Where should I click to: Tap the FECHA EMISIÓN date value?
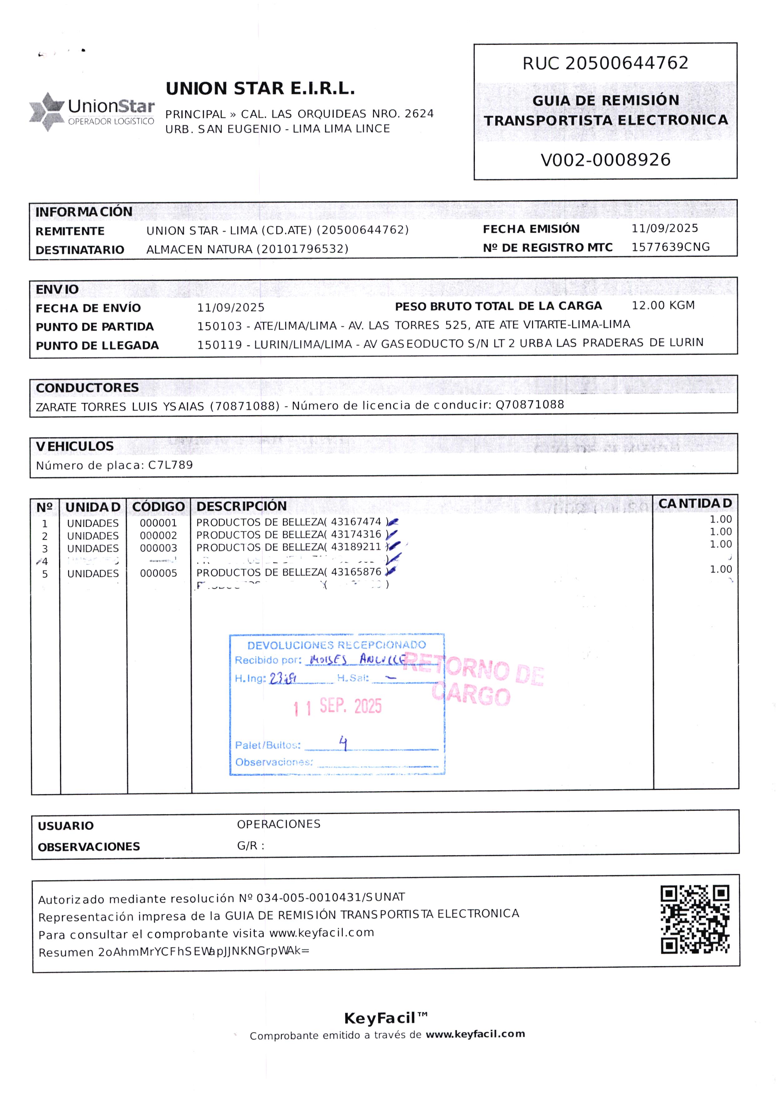point(664,228)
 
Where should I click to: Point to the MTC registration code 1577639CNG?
point(670,247)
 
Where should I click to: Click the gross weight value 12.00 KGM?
point(663,305)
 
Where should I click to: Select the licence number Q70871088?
point(530,404)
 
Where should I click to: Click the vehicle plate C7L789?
point(170,464)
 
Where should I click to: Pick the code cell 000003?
point(158,548)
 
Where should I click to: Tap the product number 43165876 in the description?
point(356,572)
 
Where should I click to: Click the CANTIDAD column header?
point(695,503)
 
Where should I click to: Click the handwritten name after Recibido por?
point(355,660)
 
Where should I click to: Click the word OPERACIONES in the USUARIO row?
point(278,824)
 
